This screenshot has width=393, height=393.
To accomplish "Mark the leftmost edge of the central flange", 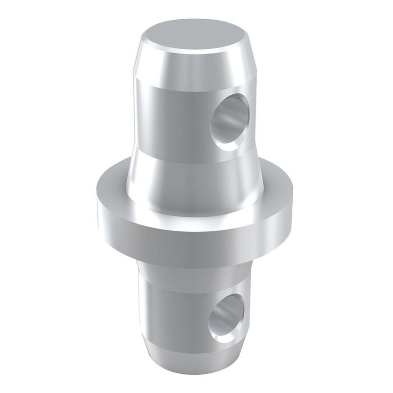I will [x=98, y=199].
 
